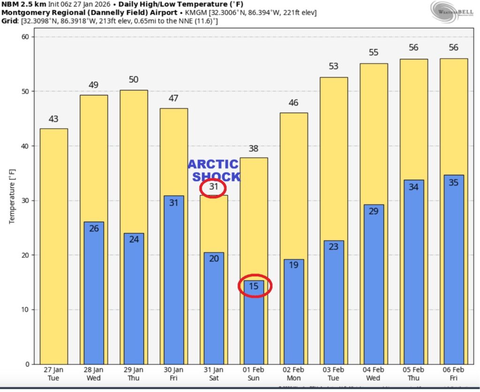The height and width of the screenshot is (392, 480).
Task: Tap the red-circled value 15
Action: [x=254, y=286]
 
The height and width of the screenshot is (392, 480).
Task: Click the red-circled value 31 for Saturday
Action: [x=213, y=187]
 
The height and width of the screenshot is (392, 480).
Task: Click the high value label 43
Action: [x=53, y=119]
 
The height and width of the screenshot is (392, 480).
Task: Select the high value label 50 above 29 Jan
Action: [x=134, y=80]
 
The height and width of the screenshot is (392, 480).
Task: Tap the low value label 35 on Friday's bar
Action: [x=453, y=183]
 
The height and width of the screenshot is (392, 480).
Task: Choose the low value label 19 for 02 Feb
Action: [x=293, y=265]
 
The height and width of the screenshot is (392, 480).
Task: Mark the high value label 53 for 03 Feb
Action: [x=333, y=67]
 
